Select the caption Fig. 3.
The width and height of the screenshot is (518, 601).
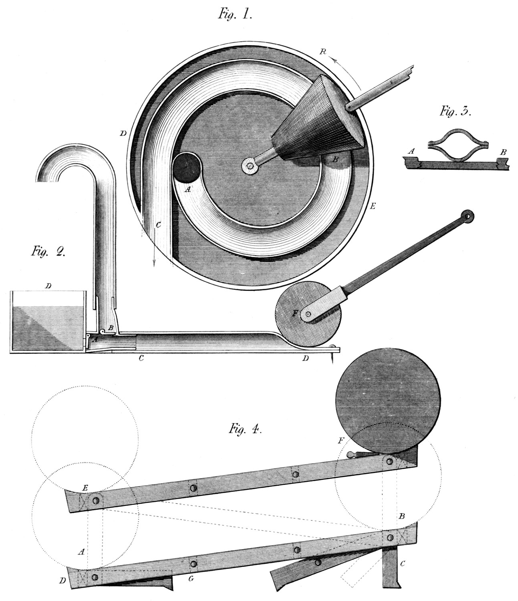coord(455,111)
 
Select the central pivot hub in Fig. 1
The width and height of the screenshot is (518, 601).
coord(250,165)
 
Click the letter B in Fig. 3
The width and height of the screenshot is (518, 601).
coord(503,152)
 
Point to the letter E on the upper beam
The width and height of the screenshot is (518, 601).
coord(85,489)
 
